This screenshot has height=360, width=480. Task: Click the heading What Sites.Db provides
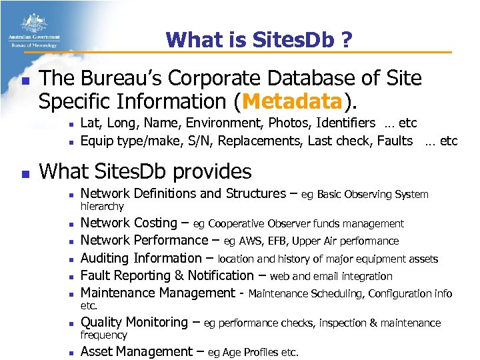click(x=146, y=171)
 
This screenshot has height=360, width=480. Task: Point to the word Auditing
click(x=105, y=258)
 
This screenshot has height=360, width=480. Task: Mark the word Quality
click(x=102, y=323)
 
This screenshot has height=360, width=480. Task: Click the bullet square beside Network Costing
click(x=69, y=224)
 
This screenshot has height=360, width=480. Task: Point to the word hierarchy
click(x=102, y=207)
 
